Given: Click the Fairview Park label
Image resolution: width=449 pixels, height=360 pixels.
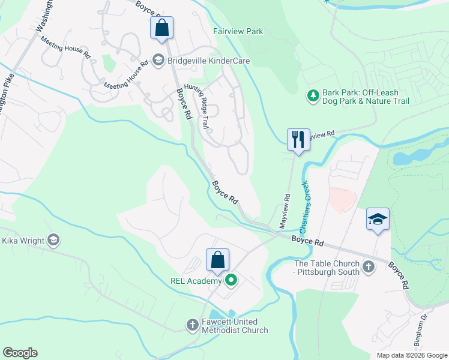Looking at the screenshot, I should pyautogui.click(x=238, y=31).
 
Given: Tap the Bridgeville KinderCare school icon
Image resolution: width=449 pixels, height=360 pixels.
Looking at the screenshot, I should pyautogui.click(x=158, y=60).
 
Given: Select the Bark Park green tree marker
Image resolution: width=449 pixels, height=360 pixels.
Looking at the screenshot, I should pyautogui.click(x=313, y=96).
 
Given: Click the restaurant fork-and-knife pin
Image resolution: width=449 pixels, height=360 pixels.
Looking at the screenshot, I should pyautogui.click(x=298, y=140).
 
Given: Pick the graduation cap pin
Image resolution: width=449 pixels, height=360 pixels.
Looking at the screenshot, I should pyautogui.click(x=378, y=219).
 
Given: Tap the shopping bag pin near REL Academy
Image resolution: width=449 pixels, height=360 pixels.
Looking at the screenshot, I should pyautogui.click(x=217, y=260).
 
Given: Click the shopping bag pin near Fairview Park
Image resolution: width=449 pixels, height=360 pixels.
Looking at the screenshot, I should pyautogui.click(x=161, y=28).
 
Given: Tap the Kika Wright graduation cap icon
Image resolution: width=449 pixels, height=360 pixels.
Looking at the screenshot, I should pyautogui.click(x=53, y=241).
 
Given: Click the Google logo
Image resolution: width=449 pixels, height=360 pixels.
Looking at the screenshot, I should pyautogui.click(x=20, y=353).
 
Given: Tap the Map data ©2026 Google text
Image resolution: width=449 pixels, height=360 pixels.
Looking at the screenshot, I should pyautogui.click(x=412, y=355).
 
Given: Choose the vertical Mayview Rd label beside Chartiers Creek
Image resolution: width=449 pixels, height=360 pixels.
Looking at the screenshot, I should pyautogui.click(x=285, y=210).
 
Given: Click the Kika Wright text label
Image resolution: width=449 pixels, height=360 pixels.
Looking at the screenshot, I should pyautogui.click(x=23, y=241).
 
